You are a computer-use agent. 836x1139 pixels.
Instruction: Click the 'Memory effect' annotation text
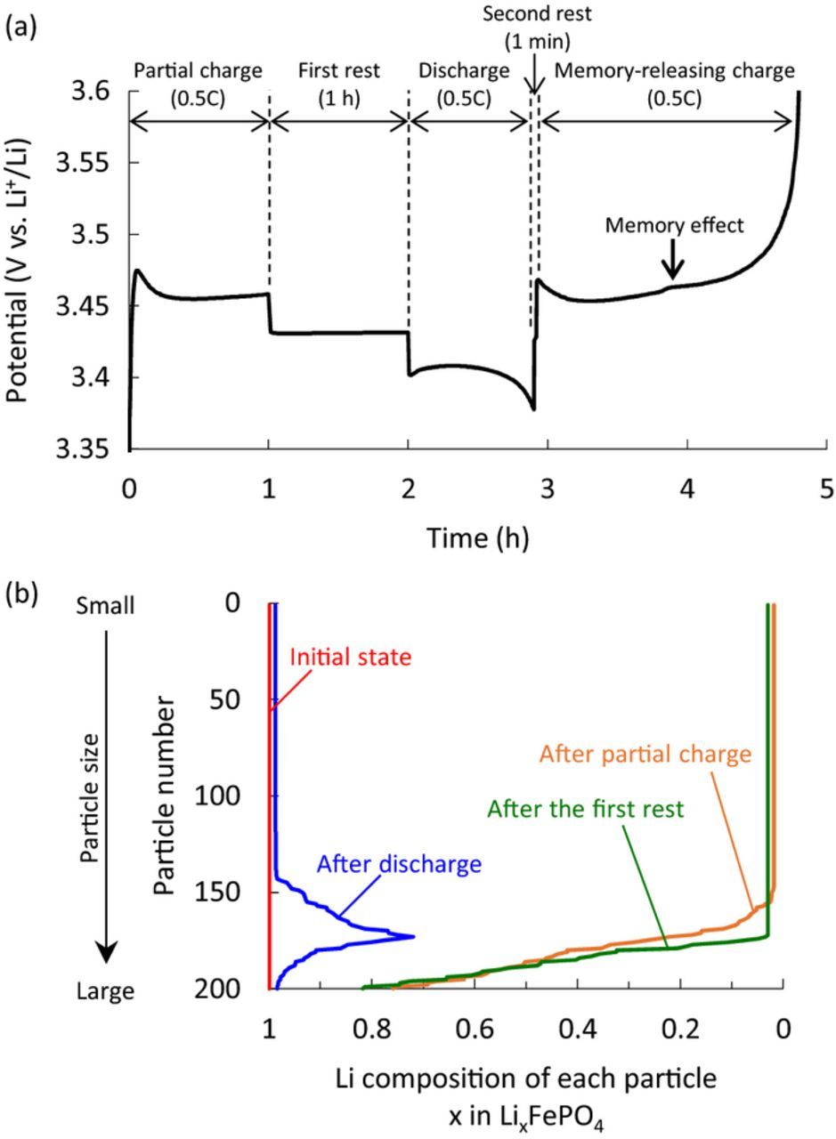[673, 226]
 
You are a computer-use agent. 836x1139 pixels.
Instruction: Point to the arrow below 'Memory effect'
[673, 263]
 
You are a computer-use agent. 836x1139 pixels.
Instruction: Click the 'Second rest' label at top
[536, 15]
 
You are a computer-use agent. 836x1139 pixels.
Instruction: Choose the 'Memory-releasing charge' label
[674, 71]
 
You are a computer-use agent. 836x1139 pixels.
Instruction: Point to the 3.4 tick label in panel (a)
[93, 377]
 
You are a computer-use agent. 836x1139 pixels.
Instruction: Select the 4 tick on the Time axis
[687, 489]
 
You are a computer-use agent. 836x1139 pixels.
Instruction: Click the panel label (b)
[21, 594]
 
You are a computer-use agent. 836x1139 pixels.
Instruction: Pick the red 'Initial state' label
[351, 658]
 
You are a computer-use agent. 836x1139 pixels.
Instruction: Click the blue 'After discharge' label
[399, 863]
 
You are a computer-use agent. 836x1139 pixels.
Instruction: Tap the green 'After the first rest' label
[585, 809]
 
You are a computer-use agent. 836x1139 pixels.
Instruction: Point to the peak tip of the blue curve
[413, 936]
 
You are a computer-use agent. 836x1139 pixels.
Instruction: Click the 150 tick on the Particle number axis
[218, 892]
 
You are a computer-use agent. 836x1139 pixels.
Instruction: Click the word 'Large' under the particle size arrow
[106, 990]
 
